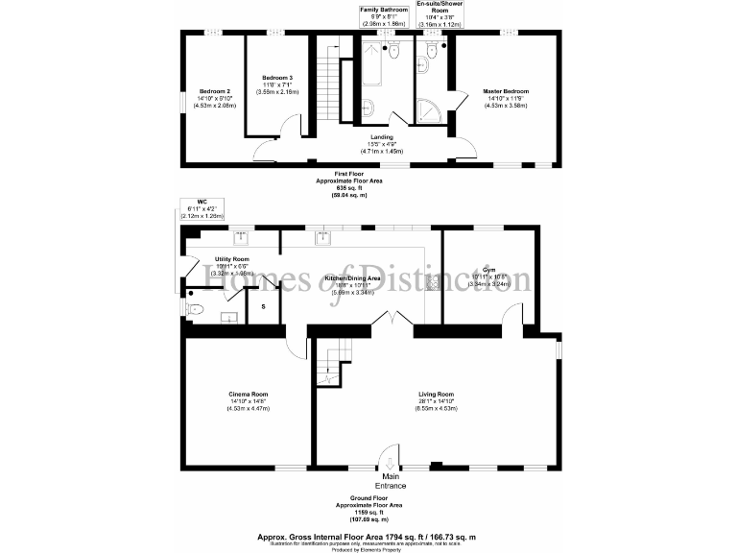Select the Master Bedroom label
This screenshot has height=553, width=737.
[x=506, y=91]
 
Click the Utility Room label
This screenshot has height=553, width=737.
[x=232, y=259]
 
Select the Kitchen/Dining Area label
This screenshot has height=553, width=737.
[x=353, y=278]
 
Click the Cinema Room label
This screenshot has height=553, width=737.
[x=248, y=395]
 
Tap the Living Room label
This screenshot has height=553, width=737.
[x=436, y=395]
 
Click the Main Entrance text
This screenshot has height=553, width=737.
[x=391, y=481]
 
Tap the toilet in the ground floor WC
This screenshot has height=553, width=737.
[x=194, y=309]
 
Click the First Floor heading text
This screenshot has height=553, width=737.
[x=335, y=173]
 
